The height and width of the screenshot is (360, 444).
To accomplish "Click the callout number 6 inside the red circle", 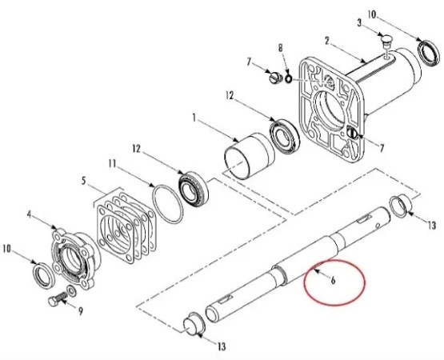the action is pos(333,280).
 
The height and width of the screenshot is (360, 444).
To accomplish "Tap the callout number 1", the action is pos(194,118).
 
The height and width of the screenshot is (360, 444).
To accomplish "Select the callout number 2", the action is pos(327,41).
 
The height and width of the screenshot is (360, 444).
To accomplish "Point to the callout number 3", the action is pos(359,22).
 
